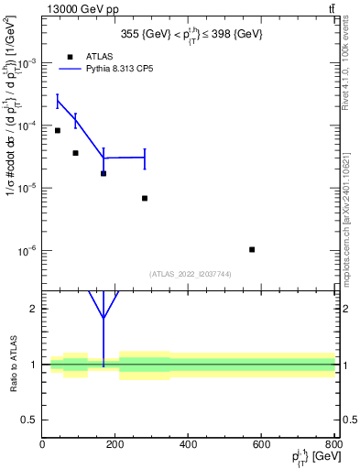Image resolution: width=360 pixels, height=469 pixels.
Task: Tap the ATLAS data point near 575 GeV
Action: coord(251,249)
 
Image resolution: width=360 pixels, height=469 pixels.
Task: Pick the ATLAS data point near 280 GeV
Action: coord(145,198)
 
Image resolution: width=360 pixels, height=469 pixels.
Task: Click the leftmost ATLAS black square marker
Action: coord(58,130)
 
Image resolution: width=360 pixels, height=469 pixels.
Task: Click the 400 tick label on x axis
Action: coord(188,444)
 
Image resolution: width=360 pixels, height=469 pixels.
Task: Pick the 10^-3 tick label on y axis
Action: coord(25,63)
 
